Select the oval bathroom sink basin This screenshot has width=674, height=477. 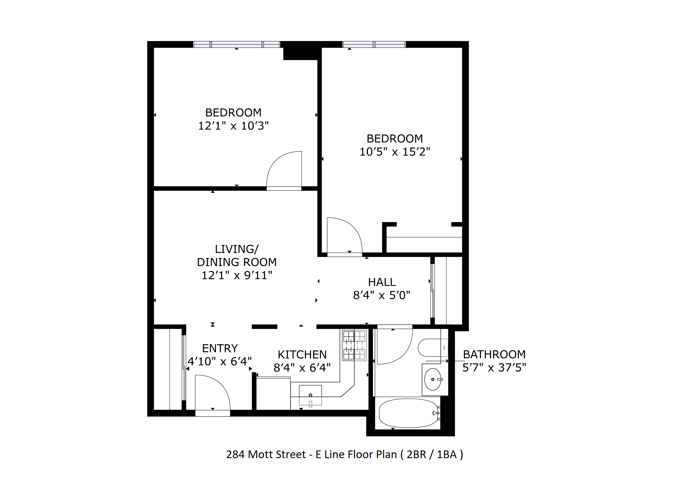(x=433, y=379)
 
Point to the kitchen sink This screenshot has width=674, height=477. (x=310, y=395)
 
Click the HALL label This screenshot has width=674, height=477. (x=382, y=282)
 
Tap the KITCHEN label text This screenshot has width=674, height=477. (x=302, y=355)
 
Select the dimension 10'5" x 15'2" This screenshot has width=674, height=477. (x=394, y=152)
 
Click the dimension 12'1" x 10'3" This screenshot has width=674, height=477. (x=233, y=126)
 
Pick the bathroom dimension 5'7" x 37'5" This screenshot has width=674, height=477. (x=494, y=368)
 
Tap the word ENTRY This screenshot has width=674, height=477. (x=220, y=348)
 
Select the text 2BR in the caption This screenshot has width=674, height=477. (x=416, y=454)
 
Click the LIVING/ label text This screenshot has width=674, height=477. (x=237, y=249)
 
